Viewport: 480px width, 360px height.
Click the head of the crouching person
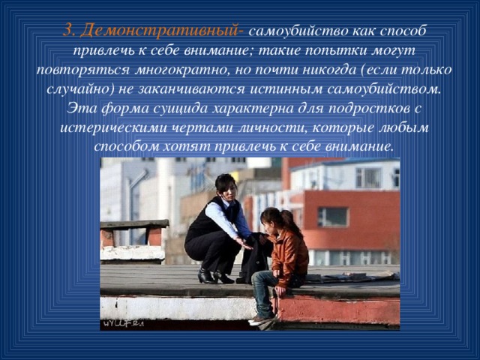pyautogui.click(x=226, y=184)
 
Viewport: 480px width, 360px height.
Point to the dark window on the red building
pyautogui.click(x=332, y=217)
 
